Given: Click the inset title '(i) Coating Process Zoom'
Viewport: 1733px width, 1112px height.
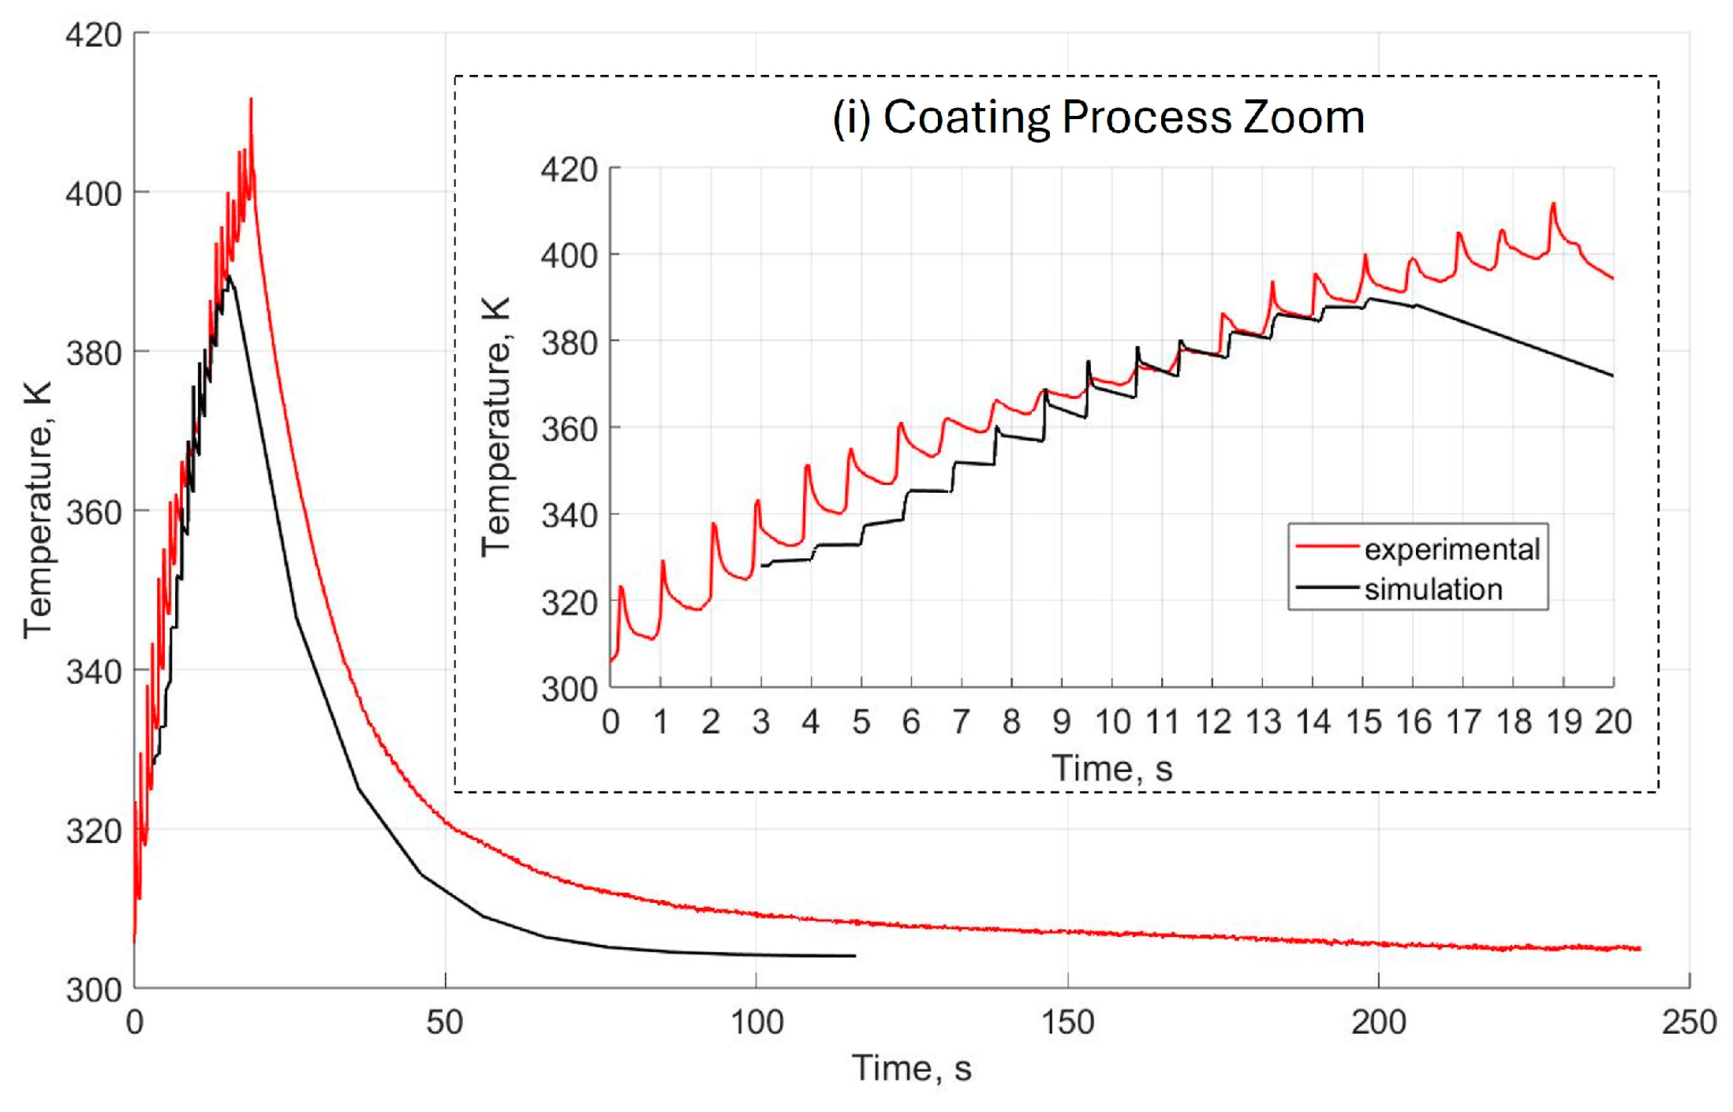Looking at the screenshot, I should tap(1098, 118).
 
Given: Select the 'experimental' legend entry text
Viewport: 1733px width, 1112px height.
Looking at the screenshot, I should tap(1451, 549).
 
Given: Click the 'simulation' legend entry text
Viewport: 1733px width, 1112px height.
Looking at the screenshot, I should tap(1433, 589).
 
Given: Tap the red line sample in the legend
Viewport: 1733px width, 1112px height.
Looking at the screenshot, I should tap(1327, 547).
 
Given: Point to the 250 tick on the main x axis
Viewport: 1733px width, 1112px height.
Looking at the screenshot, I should tap(1689, 1022).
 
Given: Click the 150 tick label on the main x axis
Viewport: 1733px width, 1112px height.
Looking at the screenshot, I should tap(1067, 1022).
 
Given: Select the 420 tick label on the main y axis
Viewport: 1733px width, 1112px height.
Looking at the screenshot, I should tap(93, 35).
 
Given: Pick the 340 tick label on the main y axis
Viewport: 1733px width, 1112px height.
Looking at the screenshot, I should tap(93, 672).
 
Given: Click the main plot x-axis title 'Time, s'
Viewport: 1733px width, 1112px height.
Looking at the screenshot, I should tap(911, 1069).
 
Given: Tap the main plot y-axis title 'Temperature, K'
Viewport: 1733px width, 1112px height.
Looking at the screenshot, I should tap(37, 510).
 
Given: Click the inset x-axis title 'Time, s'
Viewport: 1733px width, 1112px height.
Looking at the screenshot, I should tap(1111, 767).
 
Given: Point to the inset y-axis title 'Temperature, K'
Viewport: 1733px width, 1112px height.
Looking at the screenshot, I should tap(496, 427).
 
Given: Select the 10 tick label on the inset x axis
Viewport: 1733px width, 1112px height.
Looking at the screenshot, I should tap(1112, 722).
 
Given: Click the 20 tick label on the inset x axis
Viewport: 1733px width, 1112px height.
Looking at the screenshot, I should tap(1613, 722).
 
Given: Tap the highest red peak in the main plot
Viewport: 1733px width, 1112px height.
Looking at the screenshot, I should tap(251, 100).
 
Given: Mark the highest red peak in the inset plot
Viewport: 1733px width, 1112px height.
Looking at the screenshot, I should tap(1553, 204).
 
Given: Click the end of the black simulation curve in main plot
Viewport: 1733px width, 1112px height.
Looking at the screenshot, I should tap(855, 956).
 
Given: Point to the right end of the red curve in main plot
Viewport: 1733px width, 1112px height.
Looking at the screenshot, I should tap(1640, 948).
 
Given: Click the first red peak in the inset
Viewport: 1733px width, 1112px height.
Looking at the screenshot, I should tap(621, 588).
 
